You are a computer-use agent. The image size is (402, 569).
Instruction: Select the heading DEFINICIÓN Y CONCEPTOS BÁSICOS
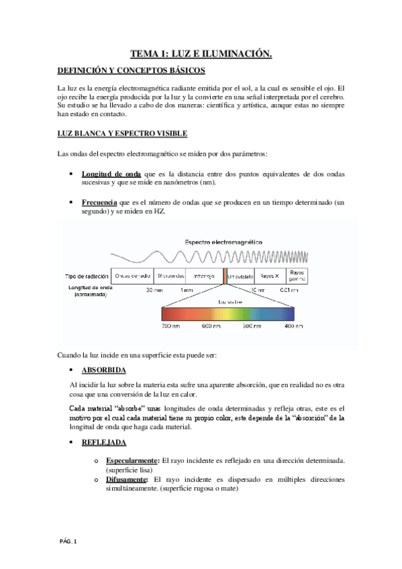pyautogui.click(x=132, y=70)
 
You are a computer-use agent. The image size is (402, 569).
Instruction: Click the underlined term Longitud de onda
pyautogui.click(x=111, y=174)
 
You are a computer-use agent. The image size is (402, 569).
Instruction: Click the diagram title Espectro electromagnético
pyautogui.click(x=223, y=242)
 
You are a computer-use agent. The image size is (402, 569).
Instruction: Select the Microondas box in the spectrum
pyautogui.click(x=170, y=276)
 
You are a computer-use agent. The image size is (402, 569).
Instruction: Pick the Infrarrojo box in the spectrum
pyautogui.click(x=204, y=276)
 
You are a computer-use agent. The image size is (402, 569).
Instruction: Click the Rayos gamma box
pyautogui.click(x=297, y=276)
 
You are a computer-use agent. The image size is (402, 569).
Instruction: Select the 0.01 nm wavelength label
pyautogui.click(x=289, y=290)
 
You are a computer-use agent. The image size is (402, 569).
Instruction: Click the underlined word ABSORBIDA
pyautogui.click(x=103, y=370)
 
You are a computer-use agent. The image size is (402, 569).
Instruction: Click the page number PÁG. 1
pyautogui.click(x=67, y=541)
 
